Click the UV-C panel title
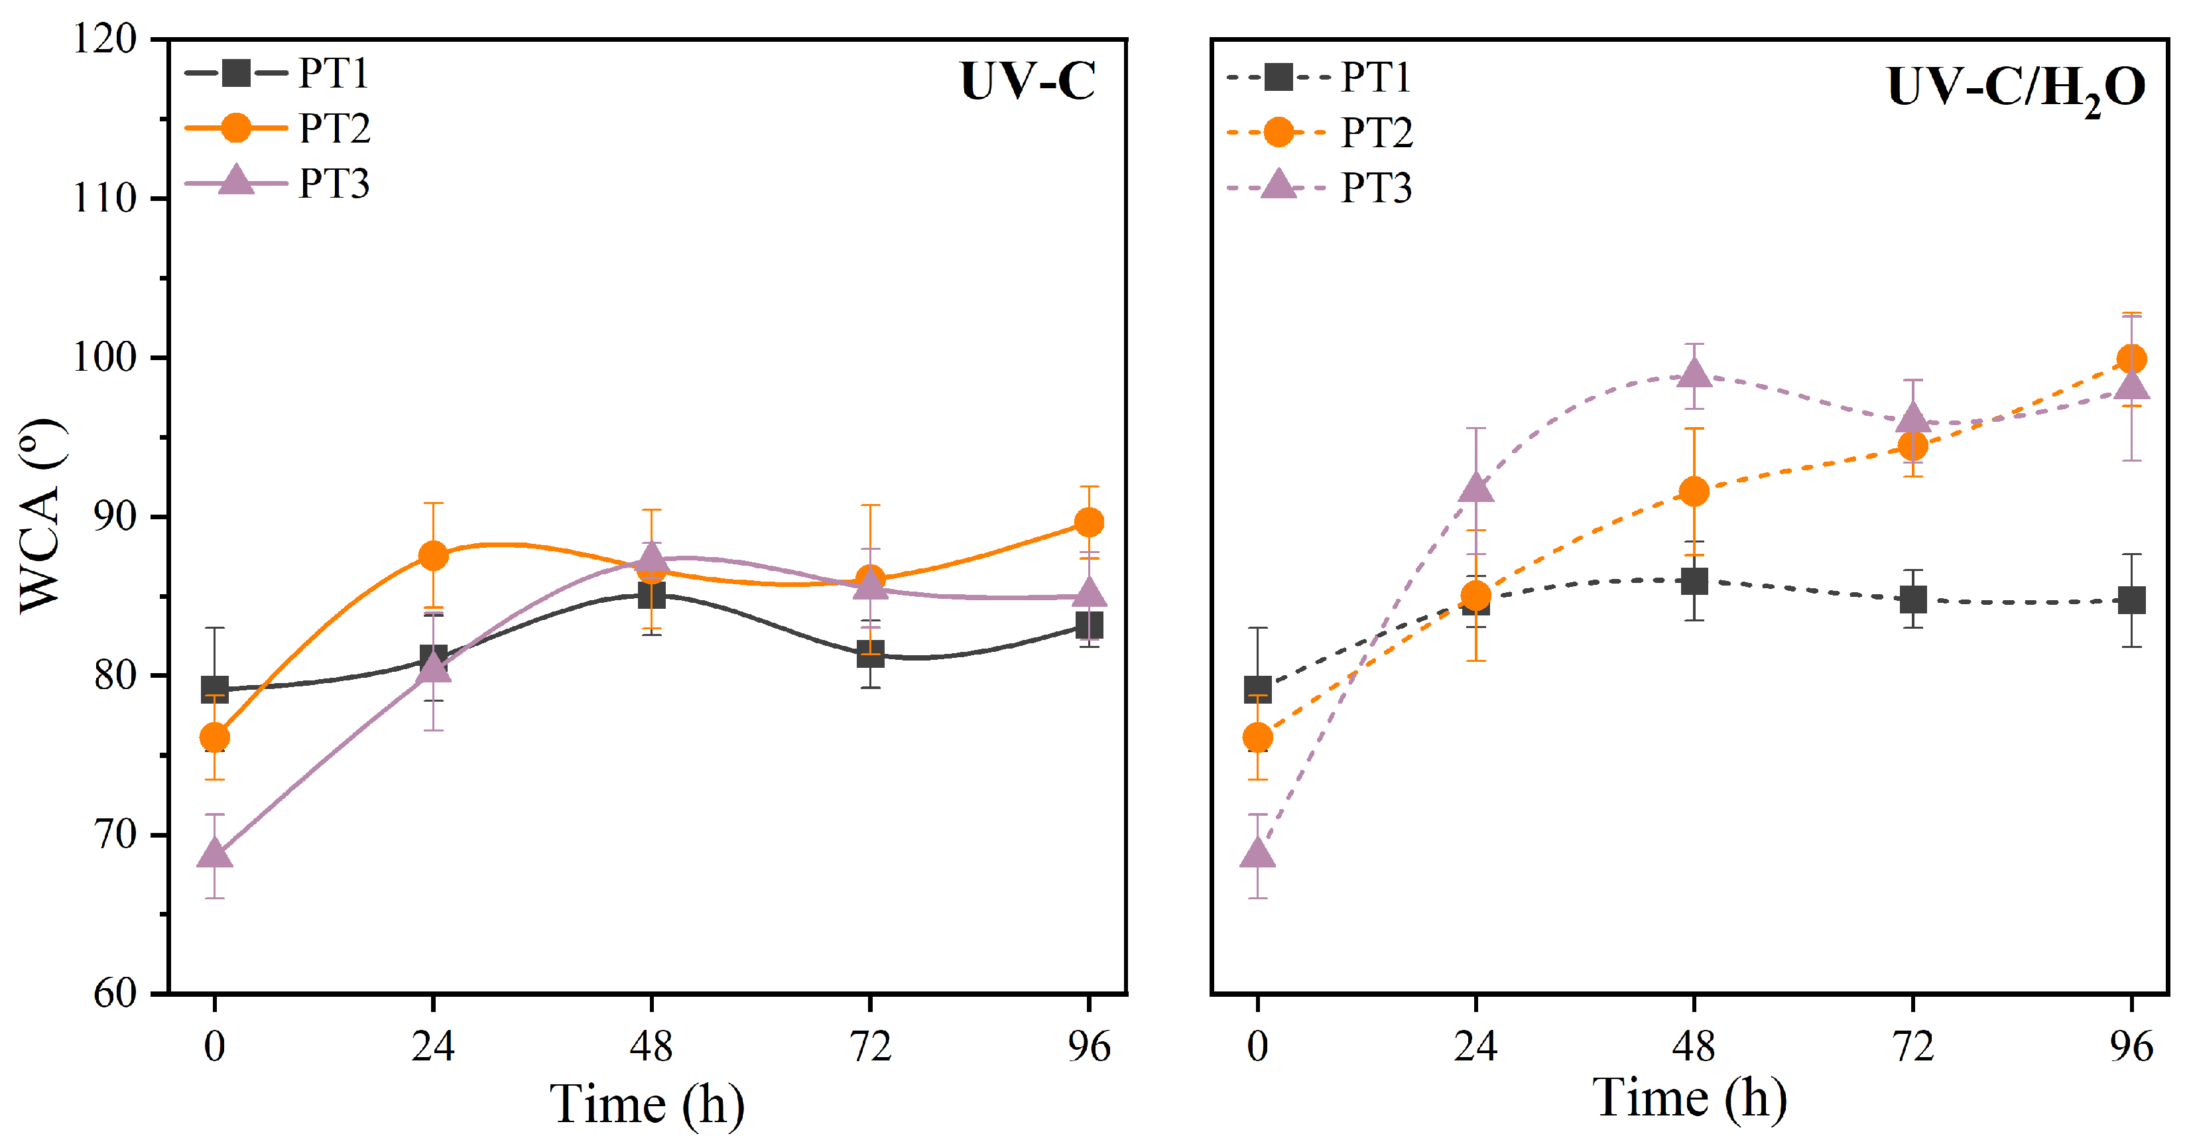click(x=1027, y=82)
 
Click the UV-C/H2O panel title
click(x=2015, y=88)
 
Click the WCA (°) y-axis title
click(x=42, y=515)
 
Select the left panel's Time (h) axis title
click(x=647, y=1104)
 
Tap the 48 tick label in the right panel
click(x=1694, y=1046)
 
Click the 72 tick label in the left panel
click(x=869, y=1046)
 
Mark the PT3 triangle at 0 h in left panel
click(x=214, y=854)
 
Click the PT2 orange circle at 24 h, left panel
click(x=433, y=556)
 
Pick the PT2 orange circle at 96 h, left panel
click(x=1089, y=522)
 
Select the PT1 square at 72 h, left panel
click(x=869, y=653)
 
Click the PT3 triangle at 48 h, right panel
click(x=1694, y=373)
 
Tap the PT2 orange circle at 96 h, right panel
click(x=2131, y=359)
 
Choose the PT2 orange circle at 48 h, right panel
click(x=1694, y=491)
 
